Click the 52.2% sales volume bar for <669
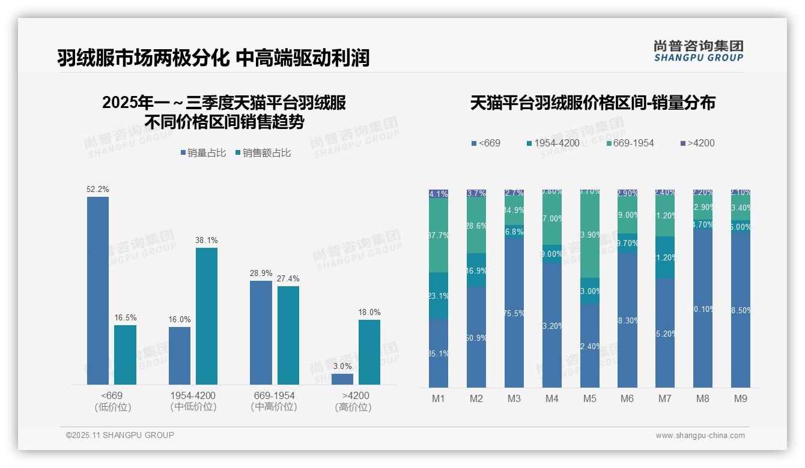click(x=98, y=290)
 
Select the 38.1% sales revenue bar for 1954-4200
click(x=207, y=316)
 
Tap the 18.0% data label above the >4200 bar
click(x=369, y=312)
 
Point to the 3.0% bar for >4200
click(x=342, y=379)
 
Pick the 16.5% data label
click(x=125, y=317)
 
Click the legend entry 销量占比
click(x=203, y=153)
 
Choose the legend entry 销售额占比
click(x=263, y=153)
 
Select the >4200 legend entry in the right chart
click(x=697, y=143)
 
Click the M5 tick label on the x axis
click(x=589, y=398)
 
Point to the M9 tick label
click(x=741, y=398)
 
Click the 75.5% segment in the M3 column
click(x=514, y=313)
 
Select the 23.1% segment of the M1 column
click(x=439, y=295)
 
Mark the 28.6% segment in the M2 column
click(x=476, y=226)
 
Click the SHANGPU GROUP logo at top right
click(x=698, y=50)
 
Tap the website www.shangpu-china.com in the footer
click(x=700, y=436)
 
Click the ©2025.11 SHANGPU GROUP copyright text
click(x=120, y=435)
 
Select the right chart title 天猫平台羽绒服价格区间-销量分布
click(x=592, y=103)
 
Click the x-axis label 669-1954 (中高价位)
click(x=274, y=401)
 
